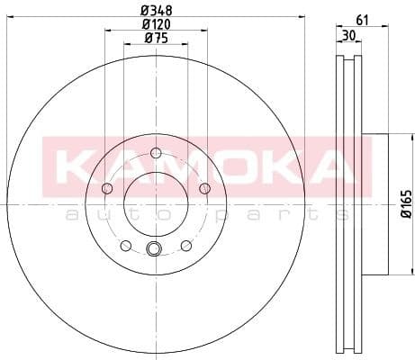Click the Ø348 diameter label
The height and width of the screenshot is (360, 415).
point(156,10)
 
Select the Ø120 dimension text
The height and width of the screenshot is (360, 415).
point(156,24)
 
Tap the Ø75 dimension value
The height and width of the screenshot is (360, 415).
point(156,38)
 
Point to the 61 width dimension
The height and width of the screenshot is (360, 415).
point(363,19)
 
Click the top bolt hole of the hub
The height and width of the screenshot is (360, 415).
point(156,152)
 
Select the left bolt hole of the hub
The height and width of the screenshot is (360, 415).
point(107,188)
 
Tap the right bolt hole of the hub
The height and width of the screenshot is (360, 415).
point(204,187)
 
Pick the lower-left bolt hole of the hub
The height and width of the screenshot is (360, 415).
point(126,245)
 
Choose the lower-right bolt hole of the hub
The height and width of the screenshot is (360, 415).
point(185,245)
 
